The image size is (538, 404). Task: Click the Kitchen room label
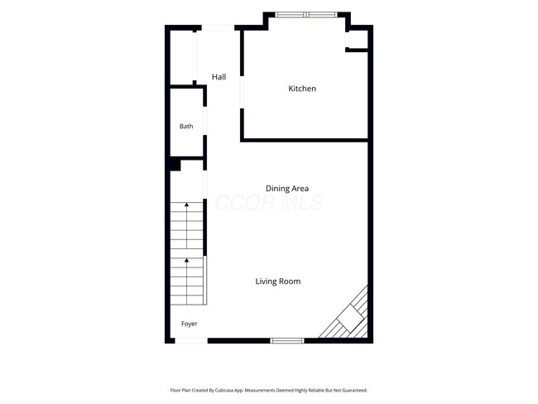[x=302, y=89]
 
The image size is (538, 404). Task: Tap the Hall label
[x=219, y=77]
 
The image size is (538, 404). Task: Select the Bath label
[x=186, y=127]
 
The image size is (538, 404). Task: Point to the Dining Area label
[x=287, y=189]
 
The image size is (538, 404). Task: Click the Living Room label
[x=278, y=281]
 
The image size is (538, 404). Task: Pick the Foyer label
[x=189, y=324]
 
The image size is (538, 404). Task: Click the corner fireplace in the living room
[x=348, y=315]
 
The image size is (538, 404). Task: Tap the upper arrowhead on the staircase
[x=187, y=204]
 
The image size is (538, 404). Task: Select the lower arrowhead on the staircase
[x=187, y=261]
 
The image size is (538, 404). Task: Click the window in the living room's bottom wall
[x=287, y=340]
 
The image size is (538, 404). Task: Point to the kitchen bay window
[x=307, y=15]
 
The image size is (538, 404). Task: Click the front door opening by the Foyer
[x=191, y=340]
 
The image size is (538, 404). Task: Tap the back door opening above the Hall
[x=218, y=28]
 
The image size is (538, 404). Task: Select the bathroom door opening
[x=205, y=121]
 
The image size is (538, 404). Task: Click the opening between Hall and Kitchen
[x=242, y=92]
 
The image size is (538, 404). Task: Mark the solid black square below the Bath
[x=175, y=164]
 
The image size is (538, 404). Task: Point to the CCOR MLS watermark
[x=269, y=203]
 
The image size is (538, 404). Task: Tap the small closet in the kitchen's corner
[x=357, y=40]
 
